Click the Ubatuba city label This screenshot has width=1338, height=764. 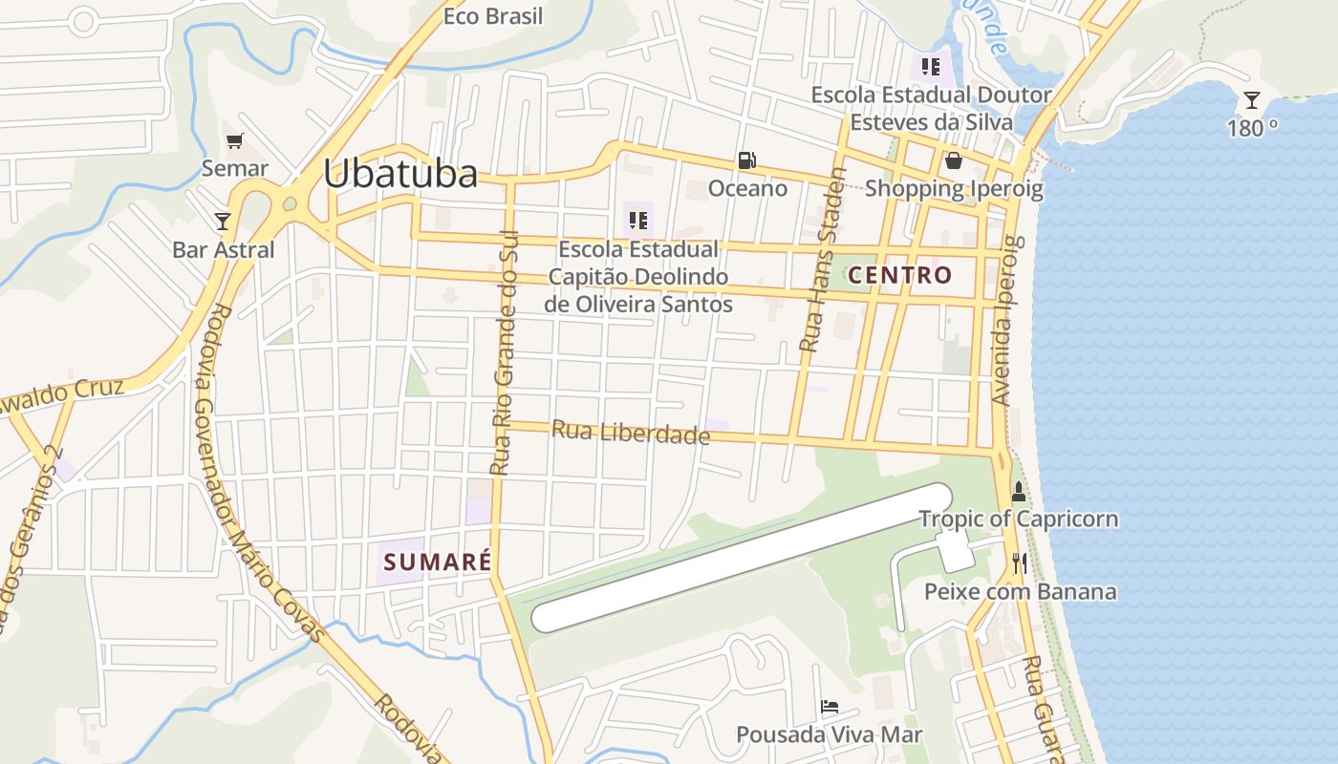(399, 174)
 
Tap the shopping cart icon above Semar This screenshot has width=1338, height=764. (234, 141)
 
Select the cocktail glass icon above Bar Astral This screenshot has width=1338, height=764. (223, 222)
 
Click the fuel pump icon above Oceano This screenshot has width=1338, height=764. (746, 160)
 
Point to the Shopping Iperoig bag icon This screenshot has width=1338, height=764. (953, 160)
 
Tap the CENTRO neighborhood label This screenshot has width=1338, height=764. (900, 276)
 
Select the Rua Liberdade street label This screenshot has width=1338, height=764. (631, 433)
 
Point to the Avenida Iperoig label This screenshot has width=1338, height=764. (1007, 320)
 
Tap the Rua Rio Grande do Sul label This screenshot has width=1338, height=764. (504, 353)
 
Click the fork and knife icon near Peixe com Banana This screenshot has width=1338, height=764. (1019, 563)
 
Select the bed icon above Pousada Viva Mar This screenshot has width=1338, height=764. (830, 708)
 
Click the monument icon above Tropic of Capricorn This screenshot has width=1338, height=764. (1018, 493)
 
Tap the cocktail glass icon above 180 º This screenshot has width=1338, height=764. (1251, 99)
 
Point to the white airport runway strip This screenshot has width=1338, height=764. (742, 558)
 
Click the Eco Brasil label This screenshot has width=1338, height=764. (493, 16)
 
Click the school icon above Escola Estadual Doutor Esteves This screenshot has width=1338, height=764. (930, 67)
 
